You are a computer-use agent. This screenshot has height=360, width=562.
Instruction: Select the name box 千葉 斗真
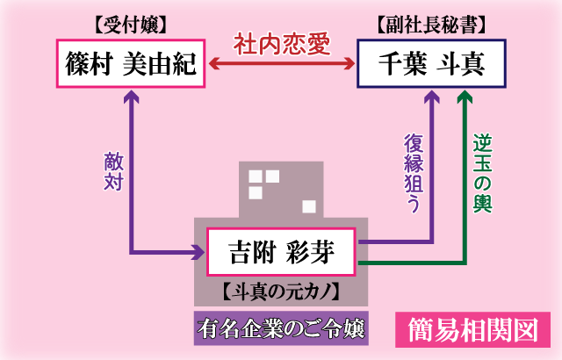431,62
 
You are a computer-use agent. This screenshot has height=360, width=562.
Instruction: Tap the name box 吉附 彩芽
281,252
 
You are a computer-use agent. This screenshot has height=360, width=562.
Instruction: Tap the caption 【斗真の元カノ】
281,289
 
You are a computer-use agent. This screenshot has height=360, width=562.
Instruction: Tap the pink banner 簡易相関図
472,329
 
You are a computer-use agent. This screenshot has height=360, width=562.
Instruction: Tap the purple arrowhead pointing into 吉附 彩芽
198,254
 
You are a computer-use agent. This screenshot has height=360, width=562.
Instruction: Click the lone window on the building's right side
308,206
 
